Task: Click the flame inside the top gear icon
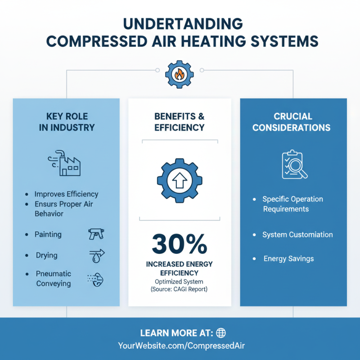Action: (x=179, y=74)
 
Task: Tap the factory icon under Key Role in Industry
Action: (x=64, y=163)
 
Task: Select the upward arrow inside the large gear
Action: (x=180, y=180)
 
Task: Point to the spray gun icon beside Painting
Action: (x=96, y=234)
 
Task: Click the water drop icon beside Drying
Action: (x=97, y=256)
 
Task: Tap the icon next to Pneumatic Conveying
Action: (x=95, y=279)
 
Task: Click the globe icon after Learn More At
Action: (x=221, y=333)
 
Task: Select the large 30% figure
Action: (x=180, y=244)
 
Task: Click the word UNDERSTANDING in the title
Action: (x=183, y=24)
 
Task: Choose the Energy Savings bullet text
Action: (x=288, y=259)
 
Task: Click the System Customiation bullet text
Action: (x=297, y=234)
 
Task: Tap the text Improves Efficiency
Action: (x=66, y=194)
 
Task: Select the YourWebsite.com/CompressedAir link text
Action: (x=181, y=346)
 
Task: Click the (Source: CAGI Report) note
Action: (x=179, y=289)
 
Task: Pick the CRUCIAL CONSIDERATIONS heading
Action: (x=292, y=122)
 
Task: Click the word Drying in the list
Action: (x=47, y=255)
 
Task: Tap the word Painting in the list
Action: (x=48, y=234)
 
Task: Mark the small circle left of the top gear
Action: (x=157, y=70)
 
